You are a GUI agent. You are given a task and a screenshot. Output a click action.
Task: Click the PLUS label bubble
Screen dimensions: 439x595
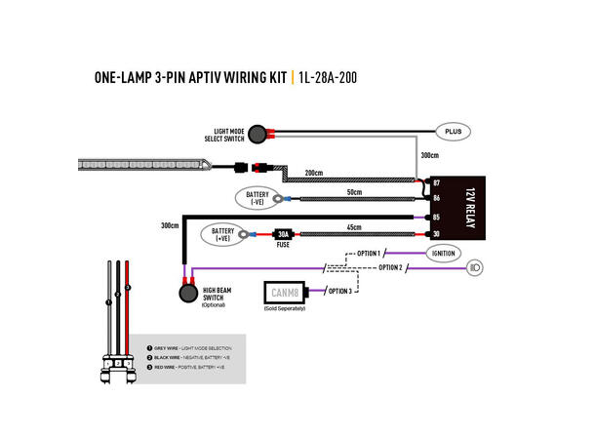coord(452,131)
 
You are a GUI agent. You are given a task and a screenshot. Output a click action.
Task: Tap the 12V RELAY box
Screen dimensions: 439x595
coord(461,207)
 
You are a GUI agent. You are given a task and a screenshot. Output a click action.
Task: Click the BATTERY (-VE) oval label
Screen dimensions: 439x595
coord(257,199)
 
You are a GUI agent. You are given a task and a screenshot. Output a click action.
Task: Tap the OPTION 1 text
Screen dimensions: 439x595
coord(367,253)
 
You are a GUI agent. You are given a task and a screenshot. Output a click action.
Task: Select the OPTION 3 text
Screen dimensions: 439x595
coord(338,291)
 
